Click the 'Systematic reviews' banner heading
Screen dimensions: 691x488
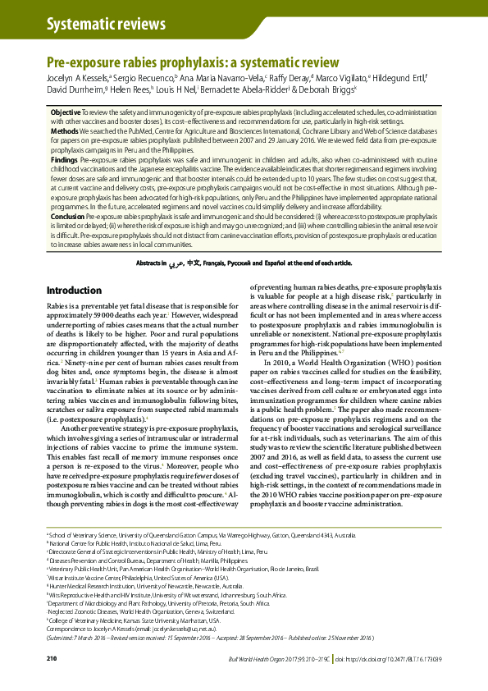95,25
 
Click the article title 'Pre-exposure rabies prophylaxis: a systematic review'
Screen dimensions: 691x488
193,62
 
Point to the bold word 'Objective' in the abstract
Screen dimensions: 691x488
66,111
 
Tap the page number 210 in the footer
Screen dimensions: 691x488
52,659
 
